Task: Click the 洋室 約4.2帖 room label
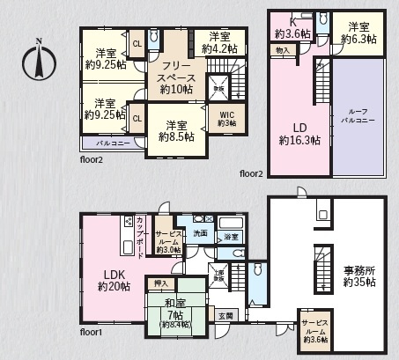(x=219, y=42)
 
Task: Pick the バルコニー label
(x=103, y=142)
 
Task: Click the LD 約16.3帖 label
(x=299, y=132)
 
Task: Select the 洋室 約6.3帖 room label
(x=361, y=33)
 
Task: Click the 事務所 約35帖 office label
(x=358, y=275)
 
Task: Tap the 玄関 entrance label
(x=225, y=316)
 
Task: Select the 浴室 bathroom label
(x=231, y=237)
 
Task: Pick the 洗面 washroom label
(x=201, y=233)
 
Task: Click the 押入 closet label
(x=160, y=284)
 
